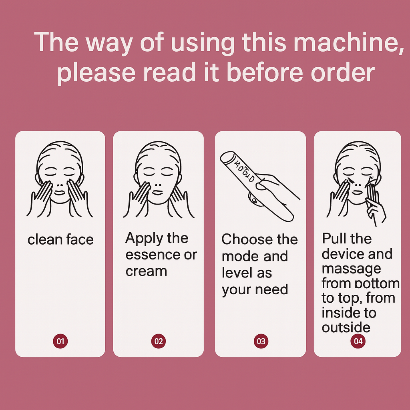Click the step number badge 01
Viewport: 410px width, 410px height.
[x=60, y=341]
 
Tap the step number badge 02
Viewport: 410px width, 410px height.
[x=159, y=341]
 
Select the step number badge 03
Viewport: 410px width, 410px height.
[x=261, y=341]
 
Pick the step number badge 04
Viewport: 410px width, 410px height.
[x=358, y=341]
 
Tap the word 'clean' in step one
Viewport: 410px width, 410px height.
[x=45, y=239]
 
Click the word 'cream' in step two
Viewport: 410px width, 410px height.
[x=146, y=271]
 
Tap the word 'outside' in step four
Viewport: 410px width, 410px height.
[x=346, y=327]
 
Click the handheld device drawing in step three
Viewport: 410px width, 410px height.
[x=257, y=186]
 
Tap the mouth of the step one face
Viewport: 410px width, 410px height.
[x=60, y=193]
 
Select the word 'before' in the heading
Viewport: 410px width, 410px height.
[x=266, y=72]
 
